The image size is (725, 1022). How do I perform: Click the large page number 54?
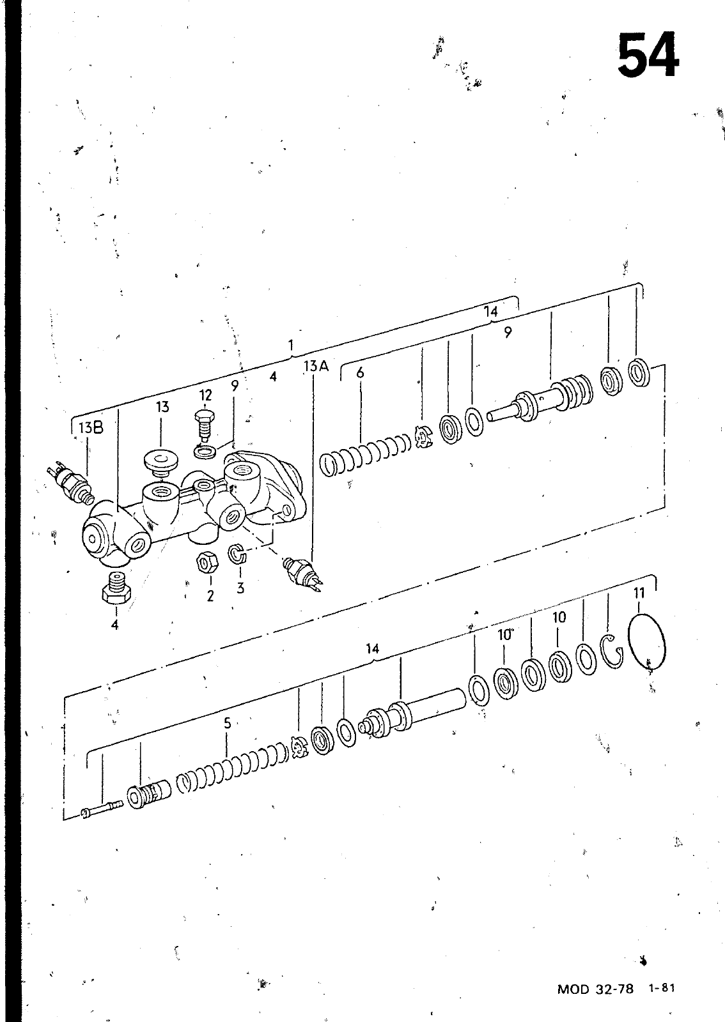coord(648,56)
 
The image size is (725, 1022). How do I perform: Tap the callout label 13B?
coord(91,428)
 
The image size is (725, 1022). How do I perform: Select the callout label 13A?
coord(316,365)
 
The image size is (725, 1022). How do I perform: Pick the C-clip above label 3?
coord(237,554)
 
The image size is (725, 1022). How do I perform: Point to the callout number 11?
coord(639,593)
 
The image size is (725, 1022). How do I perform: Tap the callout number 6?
coord(360,373)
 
